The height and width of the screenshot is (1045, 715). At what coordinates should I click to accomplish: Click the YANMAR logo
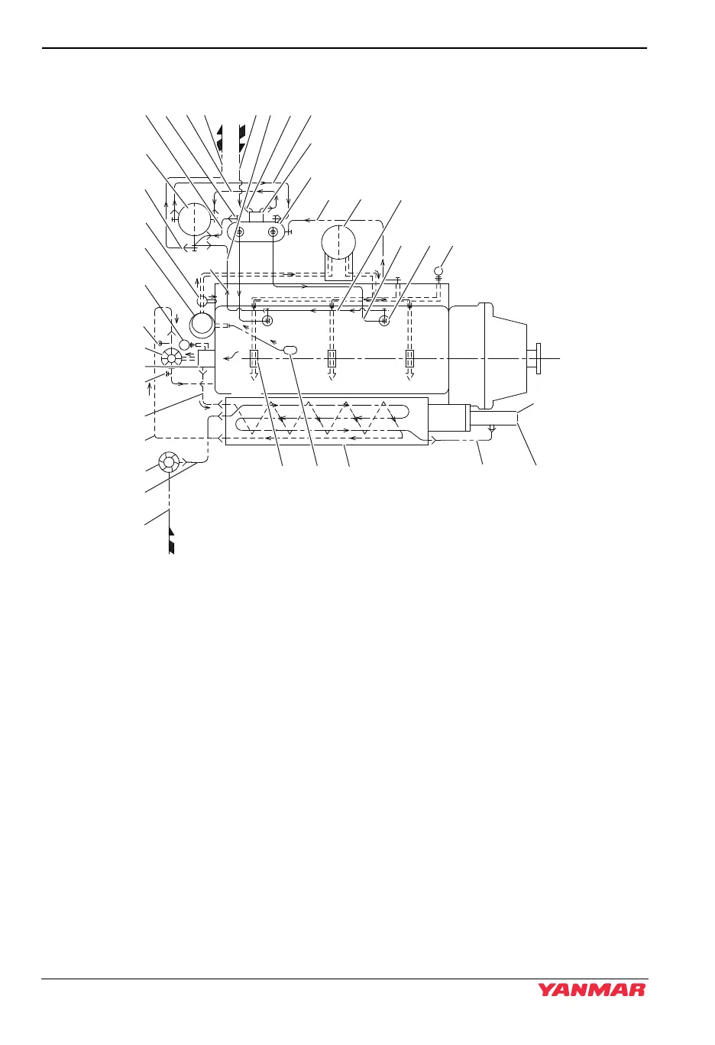tap(591, 989)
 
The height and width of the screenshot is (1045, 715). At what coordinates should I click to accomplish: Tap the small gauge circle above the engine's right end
tap(439, 270)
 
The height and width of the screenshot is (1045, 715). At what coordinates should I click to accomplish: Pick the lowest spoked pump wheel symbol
tap(168, 462)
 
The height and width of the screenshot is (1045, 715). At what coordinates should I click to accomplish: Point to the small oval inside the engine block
tap(291, 349)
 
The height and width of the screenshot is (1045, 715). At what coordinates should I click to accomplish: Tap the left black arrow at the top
tap(221, 138)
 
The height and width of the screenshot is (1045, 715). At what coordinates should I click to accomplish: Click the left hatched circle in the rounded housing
tap(239, 231)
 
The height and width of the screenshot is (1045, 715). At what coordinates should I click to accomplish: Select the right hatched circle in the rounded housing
tap(273, 231)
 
